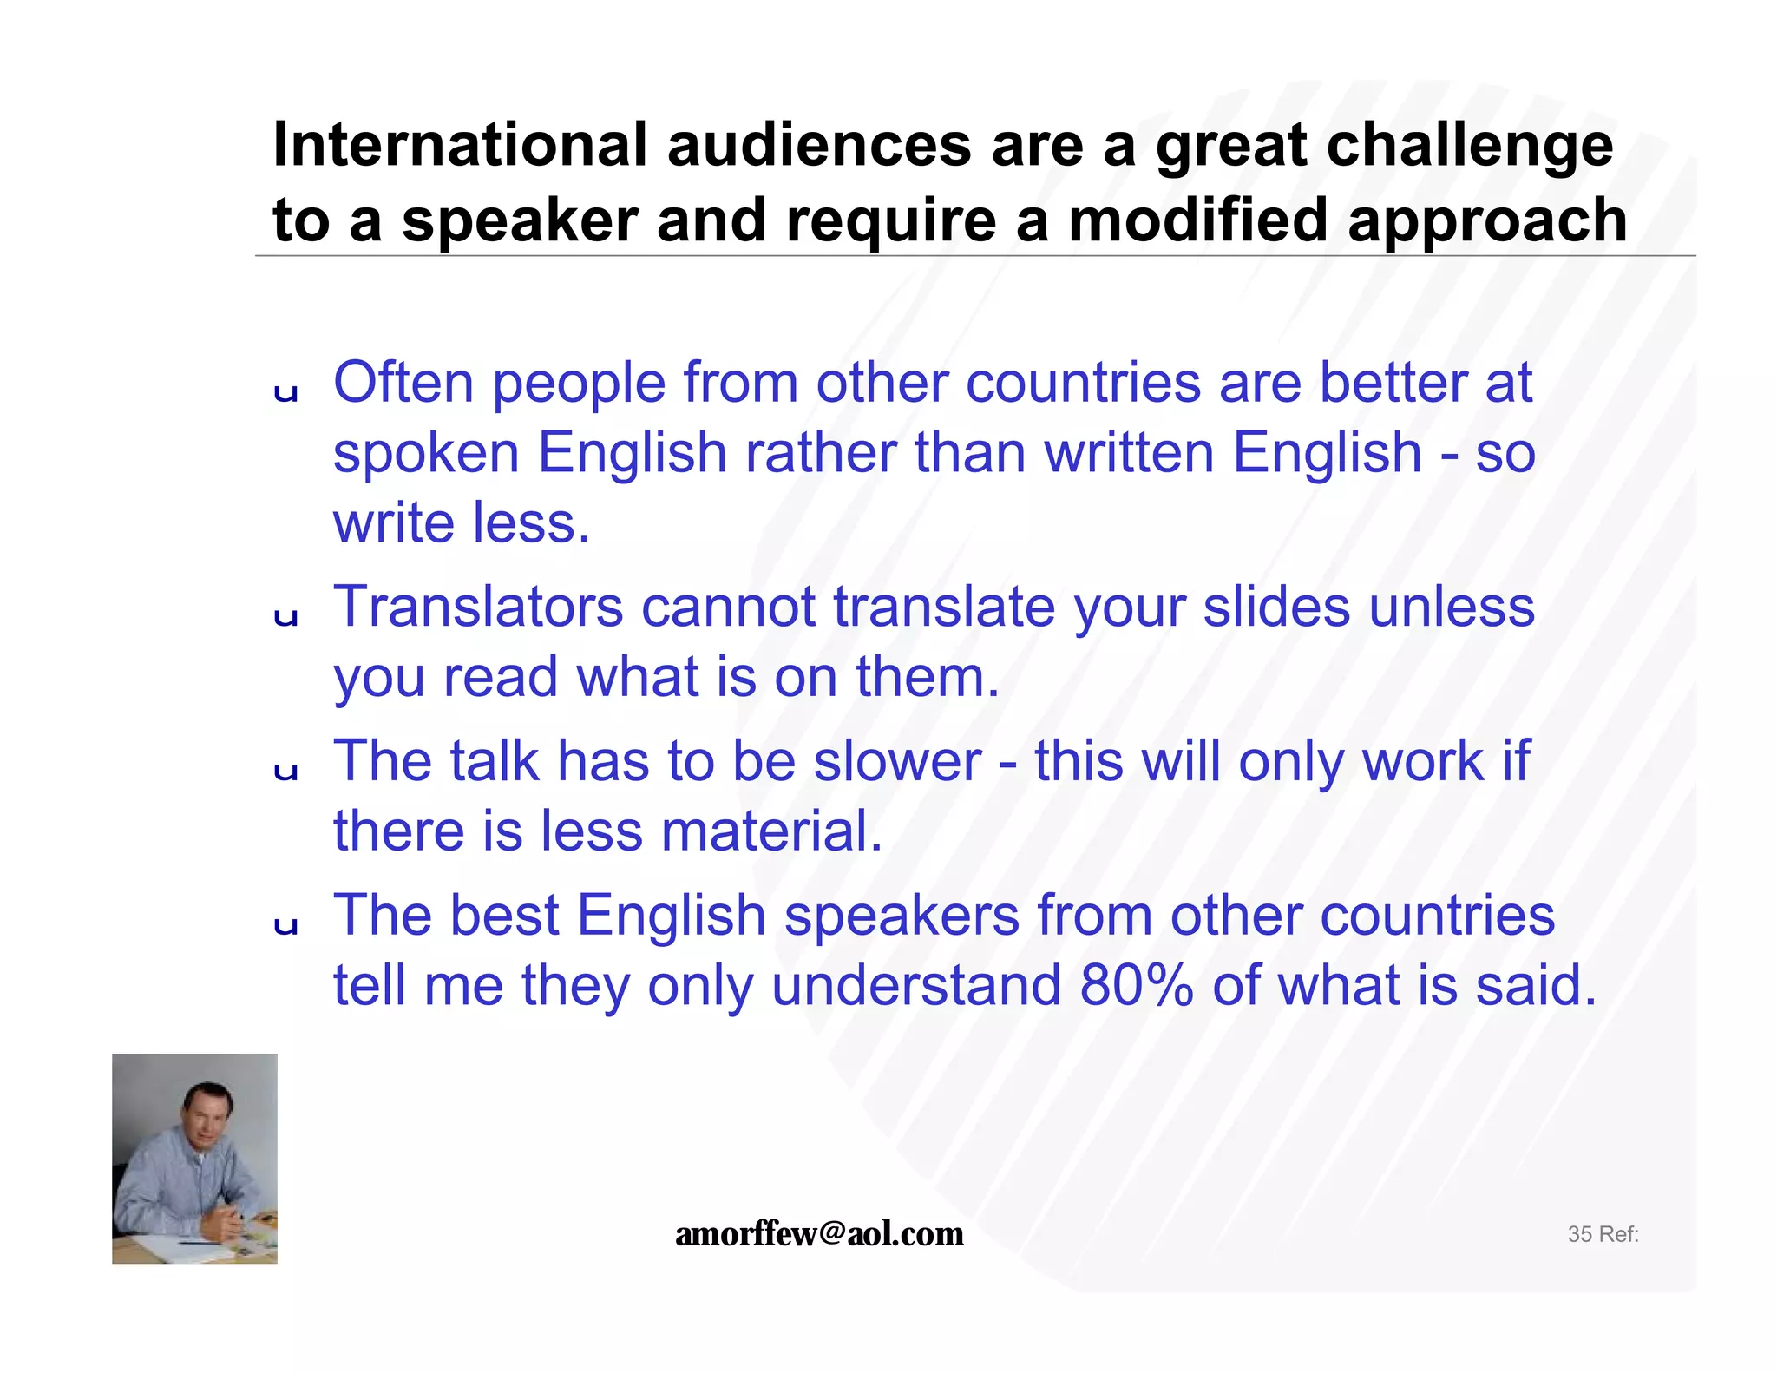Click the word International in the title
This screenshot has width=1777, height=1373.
click(x=460, y=144)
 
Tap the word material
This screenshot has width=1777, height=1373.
click(x=771, y=831)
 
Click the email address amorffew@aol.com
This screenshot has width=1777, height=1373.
click(x=819, y=1233)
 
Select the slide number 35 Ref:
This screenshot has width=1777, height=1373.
click(x=1603, y=1234)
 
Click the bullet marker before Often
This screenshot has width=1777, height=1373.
click(x=285, y=394)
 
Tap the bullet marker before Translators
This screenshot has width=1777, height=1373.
click(x=285, y=617)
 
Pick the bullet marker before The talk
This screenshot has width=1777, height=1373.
click(x=285, y=772)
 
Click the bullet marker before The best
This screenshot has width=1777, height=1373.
click(x=285, y=926)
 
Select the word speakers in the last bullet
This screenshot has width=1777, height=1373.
click(x=902, y=916)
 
